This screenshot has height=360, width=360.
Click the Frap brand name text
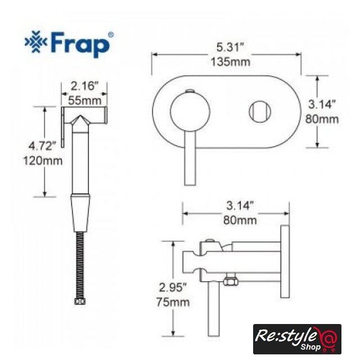pos(80,44)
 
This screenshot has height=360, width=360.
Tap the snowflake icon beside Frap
pos(36,42)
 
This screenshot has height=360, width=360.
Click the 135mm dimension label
pos(231,62)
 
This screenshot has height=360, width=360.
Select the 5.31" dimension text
pos(230,47)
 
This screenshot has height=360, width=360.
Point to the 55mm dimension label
pos(85,100)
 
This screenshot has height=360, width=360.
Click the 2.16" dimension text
pos(84,86)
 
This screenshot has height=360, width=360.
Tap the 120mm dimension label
pos(43,161)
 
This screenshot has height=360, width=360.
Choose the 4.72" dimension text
pos(42,146)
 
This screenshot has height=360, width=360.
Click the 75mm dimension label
pos(173,302)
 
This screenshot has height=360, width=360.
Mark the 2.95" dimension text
pos(173,287)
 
